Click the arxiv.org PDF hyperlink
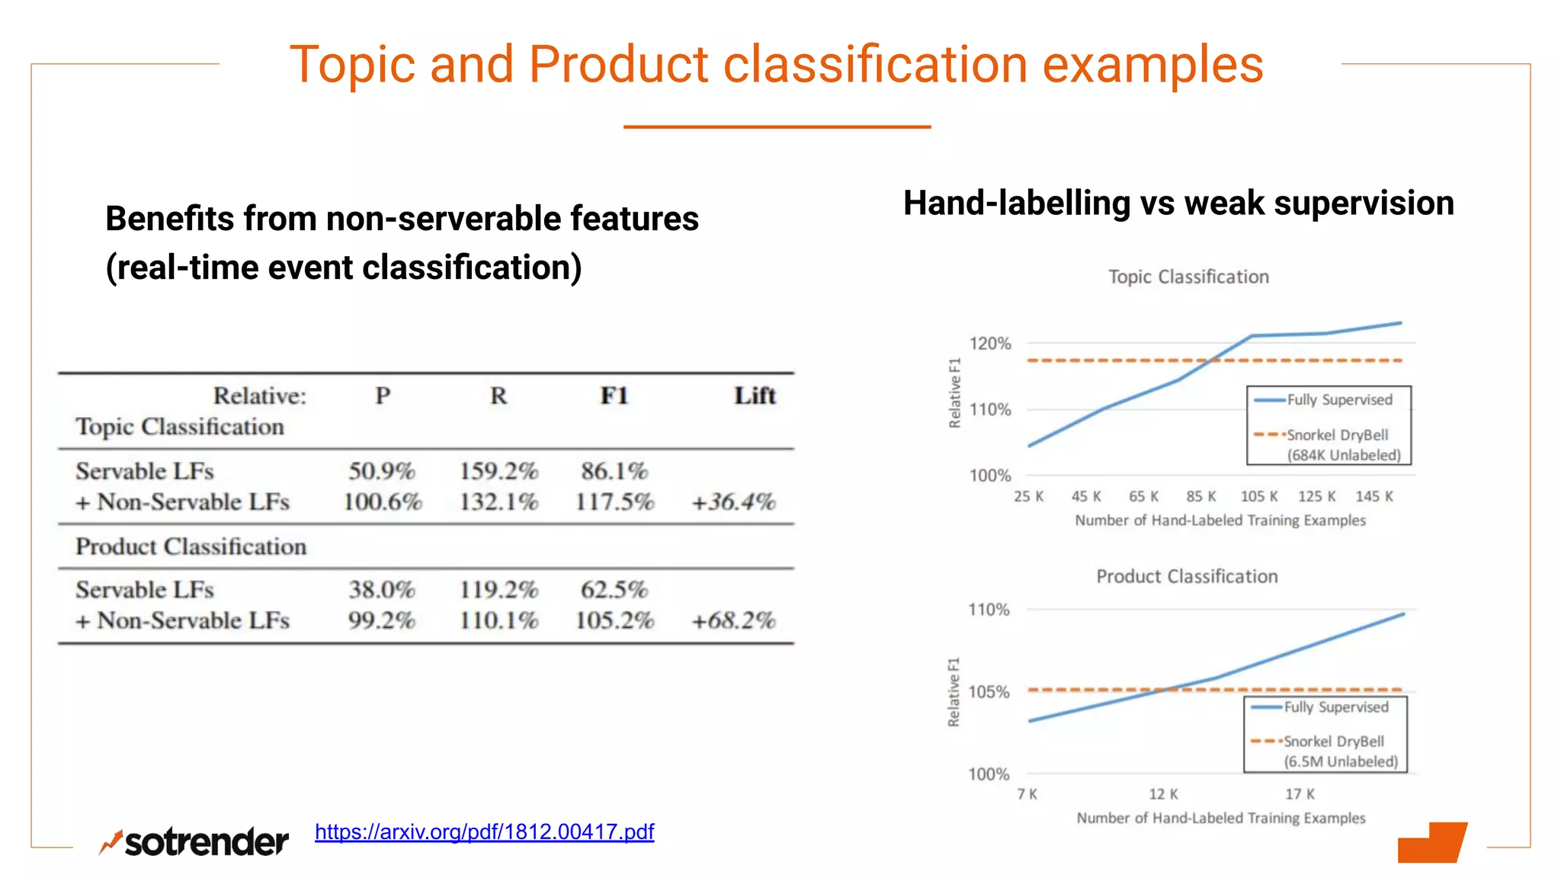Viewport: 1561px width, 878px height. coord(484,832)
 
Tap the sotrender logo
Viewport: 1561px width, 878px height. coord(194,842)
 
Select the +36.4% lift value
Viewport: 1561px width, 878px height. coord(732,502)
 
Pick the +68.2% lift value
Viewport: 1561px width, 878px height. coord(732,620)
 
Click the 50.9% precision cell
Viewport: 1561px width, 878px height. coord(382,471)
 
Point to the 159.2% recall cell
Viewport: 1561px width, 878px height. coord(498,471)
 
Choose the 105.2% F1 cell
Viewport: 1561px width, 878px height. coord(614,620)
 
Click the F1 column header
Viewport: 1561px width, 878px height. coord(614,396)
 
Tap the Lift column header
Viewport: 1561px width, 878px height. coord(755,396)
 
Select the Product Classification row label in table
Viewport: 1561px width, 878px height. coord(191,546)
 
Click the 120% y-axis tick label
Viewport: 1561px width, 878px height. coord(989,344)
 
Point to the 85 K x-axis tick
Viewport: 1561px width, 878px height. coord(1201,496)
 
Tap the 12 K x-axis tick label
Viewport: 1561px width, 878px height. coord(1163,794)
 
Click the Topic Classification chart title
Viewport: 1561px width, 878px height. coord(1188,277)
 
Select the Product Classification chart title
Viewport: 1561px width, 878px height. coord(1187,576)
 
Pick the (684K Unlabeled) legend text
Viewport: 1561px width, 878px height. coord(1344,455)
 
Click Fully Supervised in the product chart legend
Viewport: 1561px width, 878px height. coord(1335,707)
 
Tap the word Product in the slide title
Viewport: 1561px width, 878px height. coord(618,64)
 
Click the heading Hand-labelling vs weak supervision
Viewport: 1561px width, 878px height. coord(1178,203)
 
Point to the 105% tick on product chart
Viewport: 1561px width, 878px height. coord(989,692)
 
